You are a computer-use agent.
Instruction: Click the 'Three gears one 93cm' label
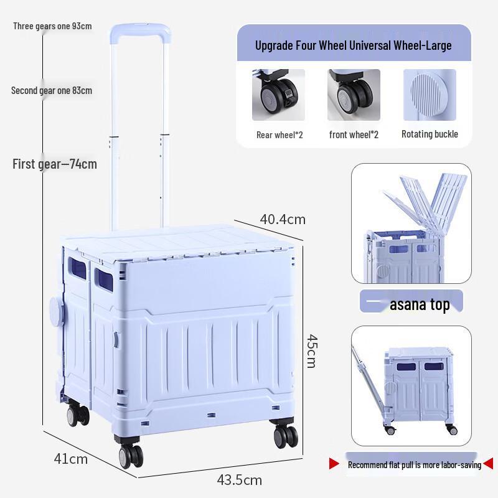tap(52, 26)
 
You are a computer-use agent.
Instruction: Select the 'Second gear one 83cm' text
tap(52, 91)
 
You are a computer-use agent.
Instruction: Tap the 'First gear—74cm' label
tap(55, 164)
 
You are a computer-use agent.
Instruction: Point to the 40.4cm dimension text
tap(283, 219)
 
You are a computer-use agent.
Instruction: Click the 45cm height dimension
tap(311, 350)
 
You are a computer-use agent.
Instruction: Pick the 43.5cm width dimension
tap(239, 480)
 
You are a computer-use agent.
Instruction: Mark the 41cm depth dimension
tap(70, 459)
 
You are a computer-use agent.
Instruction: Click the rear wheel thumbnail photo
tap(278, 95)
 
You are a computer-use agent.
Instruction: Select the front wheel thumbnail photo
tap(354, 95)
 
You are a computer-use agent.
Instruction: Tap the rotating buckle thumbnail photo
tap(430, 95)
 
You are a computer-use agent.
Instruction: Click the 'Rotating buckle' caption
tap(430, 134)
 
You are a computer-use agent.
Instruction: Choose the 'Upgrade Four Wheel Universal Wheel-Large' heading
tap(354, 45)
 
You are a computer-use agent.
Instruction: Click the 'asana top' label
tap(420, 304)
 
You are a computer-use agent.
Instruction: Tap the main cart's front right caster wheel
tap(286, 435)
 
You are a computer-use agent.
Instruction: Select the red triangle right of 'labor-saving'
tap(488, 464)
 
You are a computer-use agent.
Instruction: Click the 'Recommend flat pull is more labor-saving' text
tap(414, 464)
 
